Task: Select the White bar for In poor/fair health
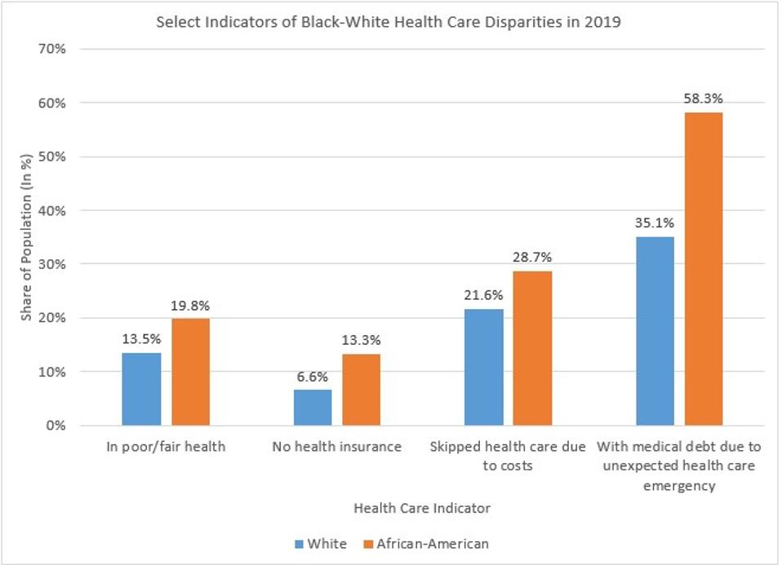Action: [141, 389]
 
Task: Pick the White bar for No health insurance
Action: [313, 408]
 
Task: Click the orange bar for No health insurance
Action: [361, 390]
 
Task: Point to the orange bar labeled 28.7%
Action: [532, 348]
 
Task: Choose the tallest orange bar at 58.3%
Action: [704, 269]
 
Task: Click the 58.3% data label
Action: [704, 99]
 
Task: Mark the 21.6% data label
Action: [484, 295]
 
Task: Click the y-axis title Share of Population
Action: [26, 236]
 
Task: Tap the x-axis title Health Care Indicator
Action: [422, 508]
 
